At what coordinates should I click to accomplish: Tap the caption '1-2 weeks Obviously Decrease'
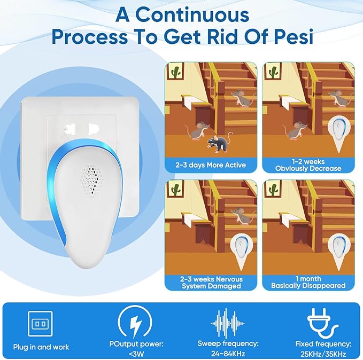308,165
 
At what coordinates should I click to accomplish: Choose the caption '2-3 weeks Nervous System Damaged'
211,282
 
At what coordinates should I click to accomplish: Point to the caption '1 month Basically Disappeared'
308,282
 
